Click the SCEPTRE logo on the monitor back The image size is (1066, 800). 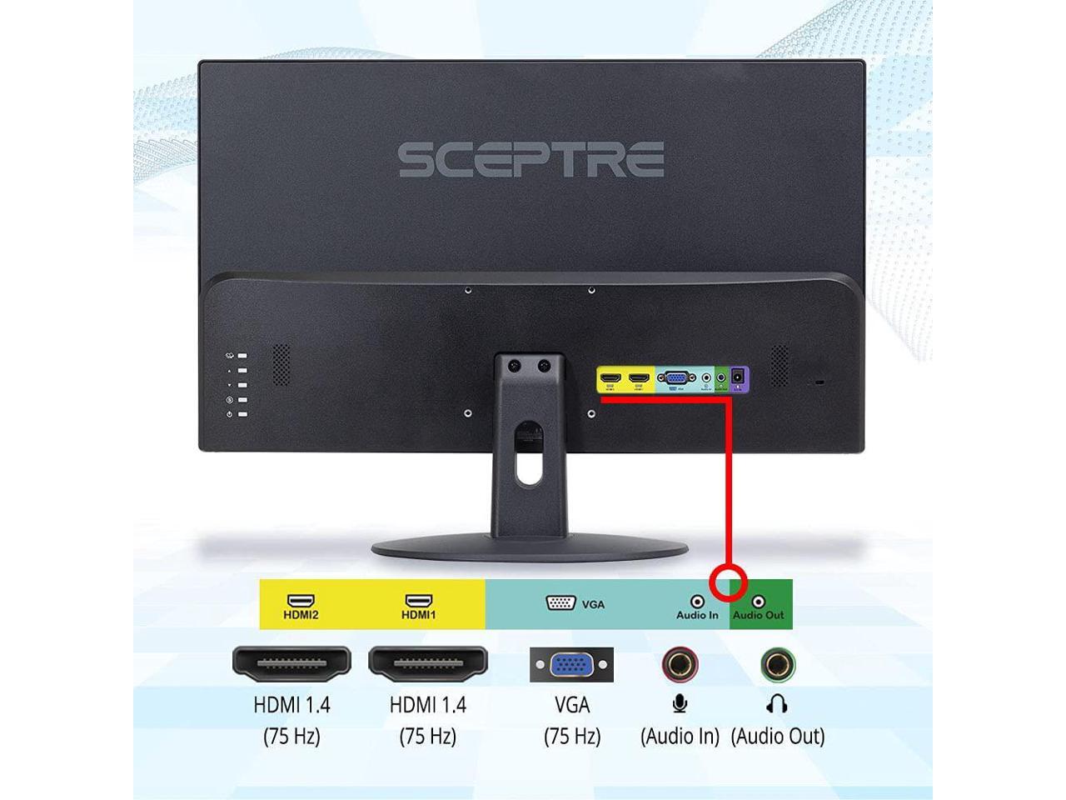(x=531, y=159)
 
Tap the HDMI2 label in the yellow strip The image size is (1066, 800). (x=301, y=615)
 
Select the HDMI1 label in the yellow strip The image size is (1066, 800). (x=418, y=615)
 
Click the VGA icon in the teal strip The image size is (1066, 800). (x=562, y=602)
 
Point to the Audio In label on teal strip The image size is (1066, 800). (x=697, y=615)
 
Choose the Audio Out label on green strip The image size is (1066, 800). (x=758, y=615)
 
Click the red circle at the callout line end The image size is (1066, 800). (x=730, y=577)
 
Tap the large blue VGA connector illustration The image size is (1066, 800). (x=571, y=665)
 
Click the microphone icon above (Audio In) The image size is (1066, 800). (x=680, y=704)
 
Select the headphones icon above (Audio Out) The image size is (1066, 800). (x=777, y=704)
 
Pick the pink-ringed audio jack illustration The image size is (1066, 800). (x=680, y=665)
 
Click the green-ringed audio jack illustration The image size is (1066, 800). (x=777, y=665)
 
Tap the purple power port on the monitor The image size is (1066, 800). (x=738, y=380)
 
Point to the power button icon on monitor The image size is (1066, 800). (x=230, y=414)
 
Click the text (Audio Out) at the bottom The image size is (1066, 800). (x=777, y=737)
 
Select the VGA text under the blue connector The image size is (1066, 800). (x=571, y=705)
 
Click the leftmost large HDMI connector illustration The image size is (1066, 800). (x=291, y=662)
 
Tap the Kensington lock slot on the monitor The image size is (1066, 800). (x=819, y=382)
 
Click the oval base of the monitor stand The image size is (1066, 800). (x=530, y=549)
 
